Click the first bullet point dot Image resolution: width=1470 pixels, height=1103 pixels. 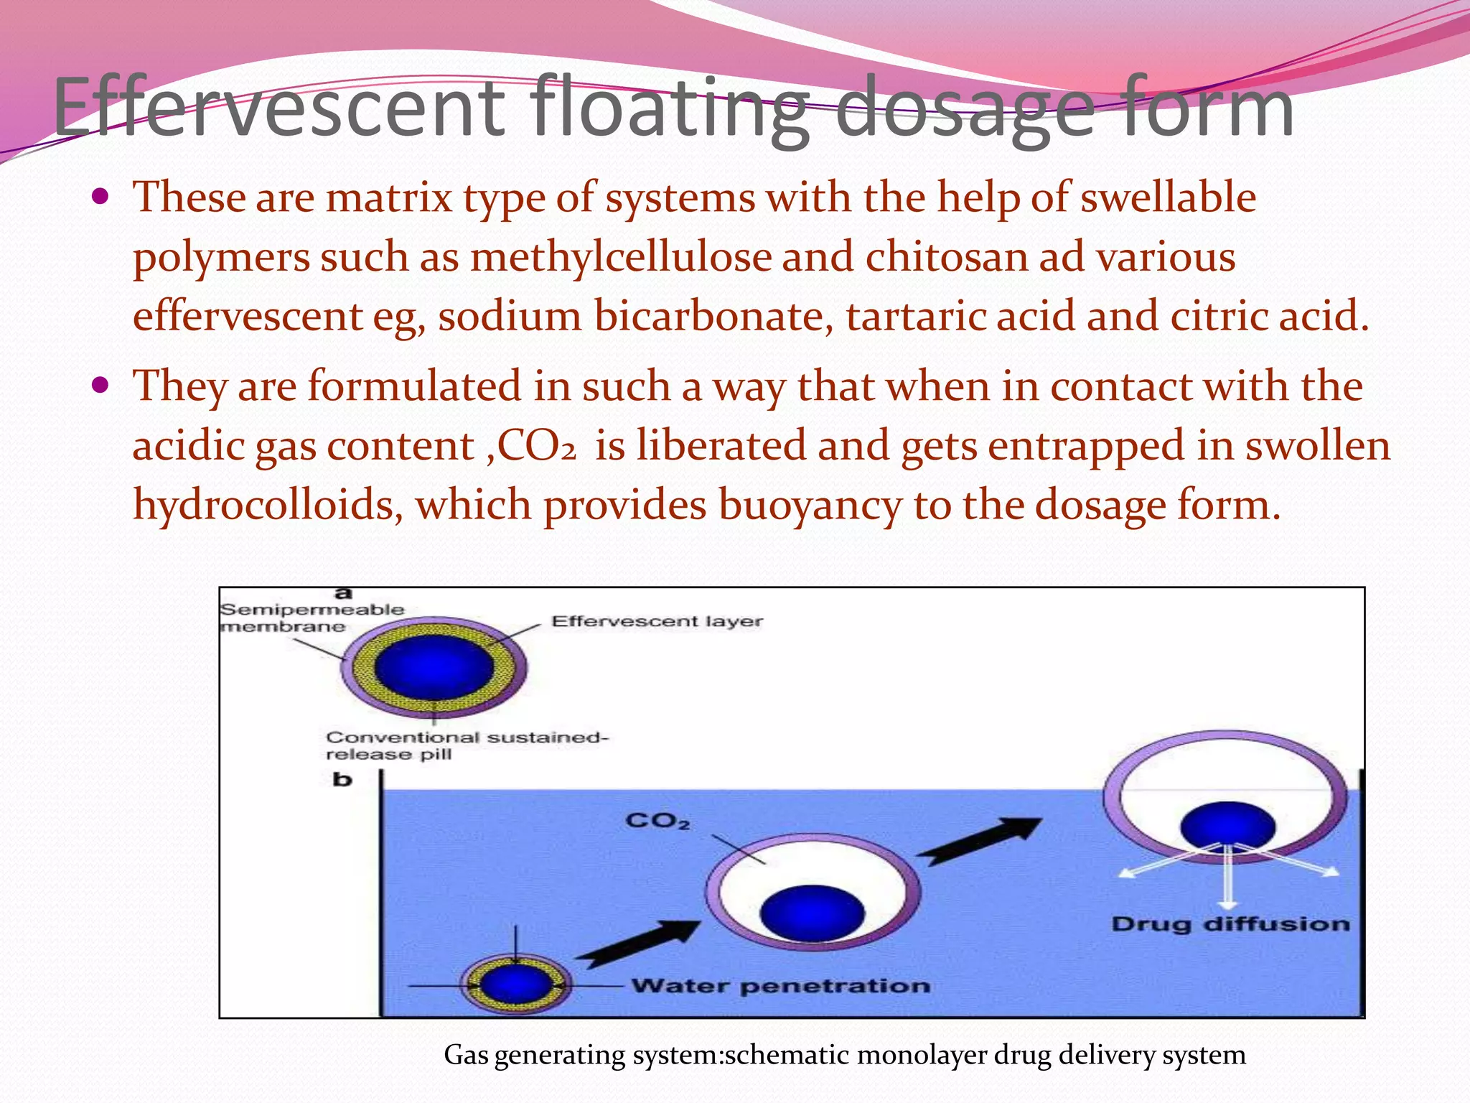100,196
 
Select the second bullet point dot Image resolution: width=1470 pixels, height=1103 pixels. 100,386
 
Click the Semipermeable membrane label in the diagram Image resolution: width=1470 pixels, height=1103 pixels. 312,618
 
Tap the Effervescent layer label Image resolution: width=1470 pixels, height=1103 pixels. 657,621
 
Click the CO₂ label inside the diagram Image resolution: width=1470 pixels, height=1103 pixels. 657,820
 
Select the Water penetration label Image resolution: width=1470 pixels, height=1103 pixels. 781,986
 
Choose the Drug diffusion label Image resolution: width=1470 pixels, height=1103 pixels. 1230,923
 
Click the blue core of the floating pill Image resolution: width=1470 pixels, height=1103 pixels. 1227,826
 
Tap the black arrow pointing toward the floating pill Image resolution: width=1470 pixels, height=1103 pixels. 979,842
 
